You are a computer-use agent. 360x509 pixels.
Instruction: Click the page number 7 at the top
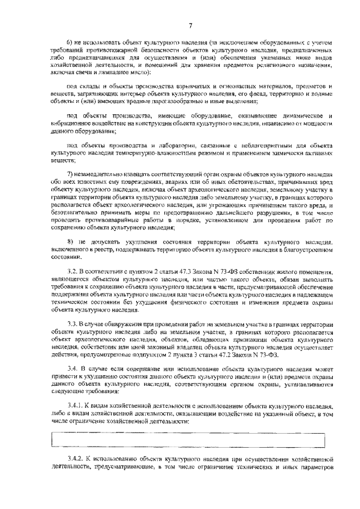[x=191, y=25]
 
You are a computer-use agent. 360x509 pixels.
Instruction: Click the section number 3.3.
[x=73, y=325]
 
